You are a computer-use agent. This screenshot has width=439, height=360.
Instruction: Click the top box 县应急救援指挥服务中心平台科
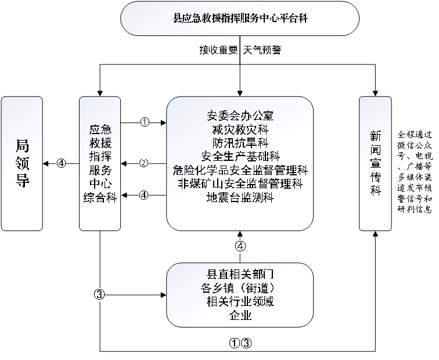tap(240, 18)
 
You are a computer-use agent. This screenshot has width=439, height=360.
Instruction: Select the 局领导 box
tap(22, 163)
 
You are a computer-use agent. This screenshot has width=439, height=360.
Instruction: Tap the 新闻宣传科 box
tap(375, 163)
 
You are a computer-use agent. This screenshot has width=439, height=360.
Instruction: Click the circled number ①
tap(145, 122)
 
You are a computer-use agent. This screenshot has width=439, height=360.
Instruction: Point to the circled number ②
tap(143, 163)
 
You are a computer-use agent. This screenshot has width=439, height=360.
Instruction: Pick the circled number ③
tap(99, 294)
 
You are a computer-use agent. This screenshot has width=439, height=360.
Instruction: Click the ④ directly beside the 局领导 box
tap(62, 163)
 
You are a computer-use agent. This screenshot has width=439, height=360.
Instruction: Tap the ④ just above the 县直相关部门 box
tap(240, 246)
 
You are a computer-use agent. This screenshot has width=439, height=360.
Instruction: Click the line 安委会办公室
tap(240, 114)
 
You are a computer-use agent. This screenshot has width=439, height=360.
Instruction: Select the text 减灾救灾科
tap(240, 128)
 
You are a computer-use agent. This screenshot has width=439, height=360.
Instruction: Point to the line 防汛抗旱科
tap(240, 142)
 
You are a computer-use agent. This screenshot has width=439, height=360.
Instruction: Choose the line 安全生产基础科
tap(240, 156)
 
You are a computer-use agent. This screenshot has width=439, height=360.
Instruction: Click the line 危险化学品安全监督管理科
tap(240, 170)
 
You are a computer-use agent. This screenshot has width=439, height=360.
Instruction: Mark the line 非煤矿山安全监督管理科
tap(240, 184)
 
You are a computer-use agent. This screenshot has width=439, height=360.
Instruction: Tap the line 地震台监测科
tap(240, 198)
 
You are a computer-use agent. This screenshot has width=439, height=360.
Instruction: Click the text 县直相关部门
tap(240, 273)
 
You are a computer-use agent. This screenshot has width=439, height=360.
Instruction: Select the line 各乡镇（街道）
tap(240, 287)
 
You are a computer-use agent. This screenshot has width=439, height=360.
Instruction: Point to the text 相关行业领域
tap(240, 301)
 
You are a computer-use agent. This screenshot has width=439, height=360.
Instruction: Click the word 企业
tap(240, 315)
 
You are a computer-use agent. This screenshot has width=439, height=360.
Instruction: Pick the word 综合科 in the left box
tap(100, 198)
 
